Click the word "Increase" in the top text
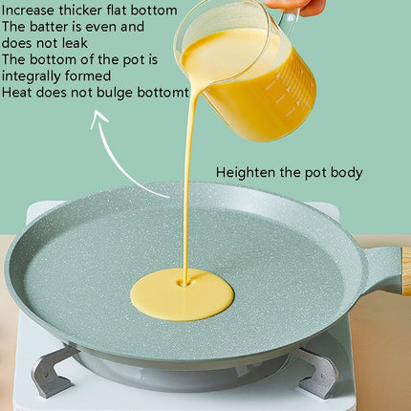coord(29,10)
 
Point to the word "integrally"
coord(32,76)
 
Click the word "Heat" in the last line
coord(17,92)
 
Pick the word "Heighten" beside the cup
coord(246,173)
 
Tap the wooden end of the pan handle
coord(405,271)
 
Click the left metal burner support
coord(53,370)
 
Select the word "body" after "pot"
coord(346,173)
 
